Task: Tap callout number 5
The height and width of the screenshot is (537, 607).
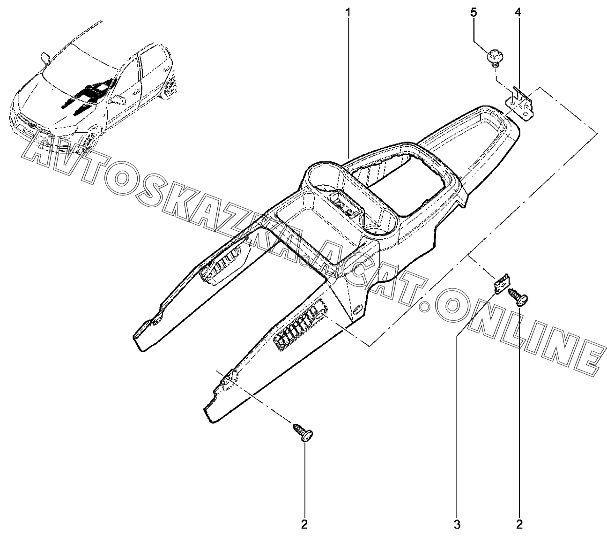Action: coord(474,12)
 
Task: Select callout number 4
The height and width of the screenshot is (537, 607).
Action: coord(518,12)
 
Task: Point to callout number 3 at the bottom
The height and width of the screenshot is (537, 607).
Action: coord(457,523)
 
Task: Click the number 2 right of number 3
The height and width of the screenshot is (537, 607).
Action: coord(519,523)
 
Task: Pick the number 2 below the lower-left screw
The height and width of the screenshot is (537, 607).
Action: coord(305,523)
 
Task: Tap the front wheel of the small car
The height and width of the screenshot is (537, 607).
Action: coord(88,141)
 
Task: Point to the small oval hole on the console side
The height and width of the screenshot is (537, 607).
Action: coord(356,310)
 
